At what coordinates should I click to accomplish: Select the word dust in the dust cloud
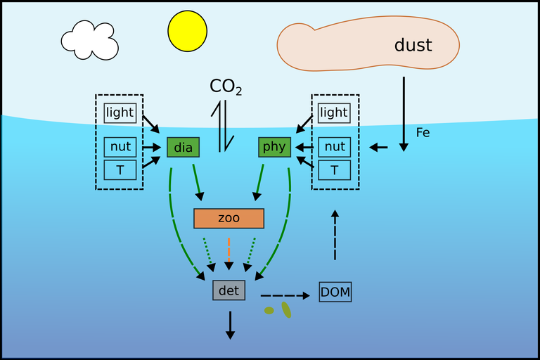coord(413,46)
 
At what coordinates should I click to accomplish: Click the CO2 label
coord(226,87)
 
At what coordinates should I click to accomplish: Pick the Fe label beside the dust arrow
coord(423,132)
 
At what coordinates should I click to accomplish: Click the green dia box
coord(184,148)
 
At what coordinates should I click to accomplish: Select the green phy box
coord(275,148)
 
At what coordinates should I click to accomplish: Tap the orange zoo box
coord(229,219)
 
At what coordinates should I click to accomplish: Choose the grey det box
coord(229,290)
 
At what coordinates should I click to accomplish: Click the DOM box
coord(335,292)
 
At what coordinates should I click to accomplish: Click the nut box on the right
coord(335,147)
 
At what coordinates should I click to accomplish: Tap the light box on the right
coord(333,112)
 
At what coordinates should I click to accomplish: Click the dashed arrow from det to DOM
coord(284,296)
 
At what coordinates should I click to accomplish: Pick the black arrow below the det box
coord(229,325)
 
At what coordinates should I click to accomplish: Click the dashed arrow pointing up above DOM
coord(335,235)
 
